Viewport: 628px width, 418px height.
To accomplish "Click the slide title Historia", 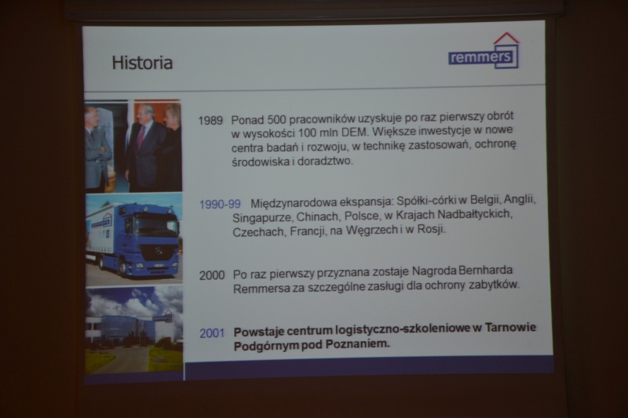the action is pos(142,63).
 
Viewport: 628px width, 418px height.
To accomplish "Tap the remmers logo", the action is pos(484,51).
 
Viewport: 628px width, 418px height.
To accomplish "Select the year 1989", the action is pos(210,121).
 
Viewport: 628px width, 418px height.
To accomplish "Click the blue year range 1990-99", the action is pos(220,205).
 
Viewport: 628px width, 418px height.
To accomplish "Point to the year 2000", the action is pos(212,275).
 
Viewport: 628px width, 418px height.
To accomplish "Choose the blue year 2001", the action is pos(212,333).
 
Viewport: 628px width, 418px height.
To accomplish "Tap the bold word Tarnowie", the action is pos(510,328).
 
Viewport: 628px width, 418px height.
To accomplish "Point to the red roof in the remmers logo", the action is pos(506,38).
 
